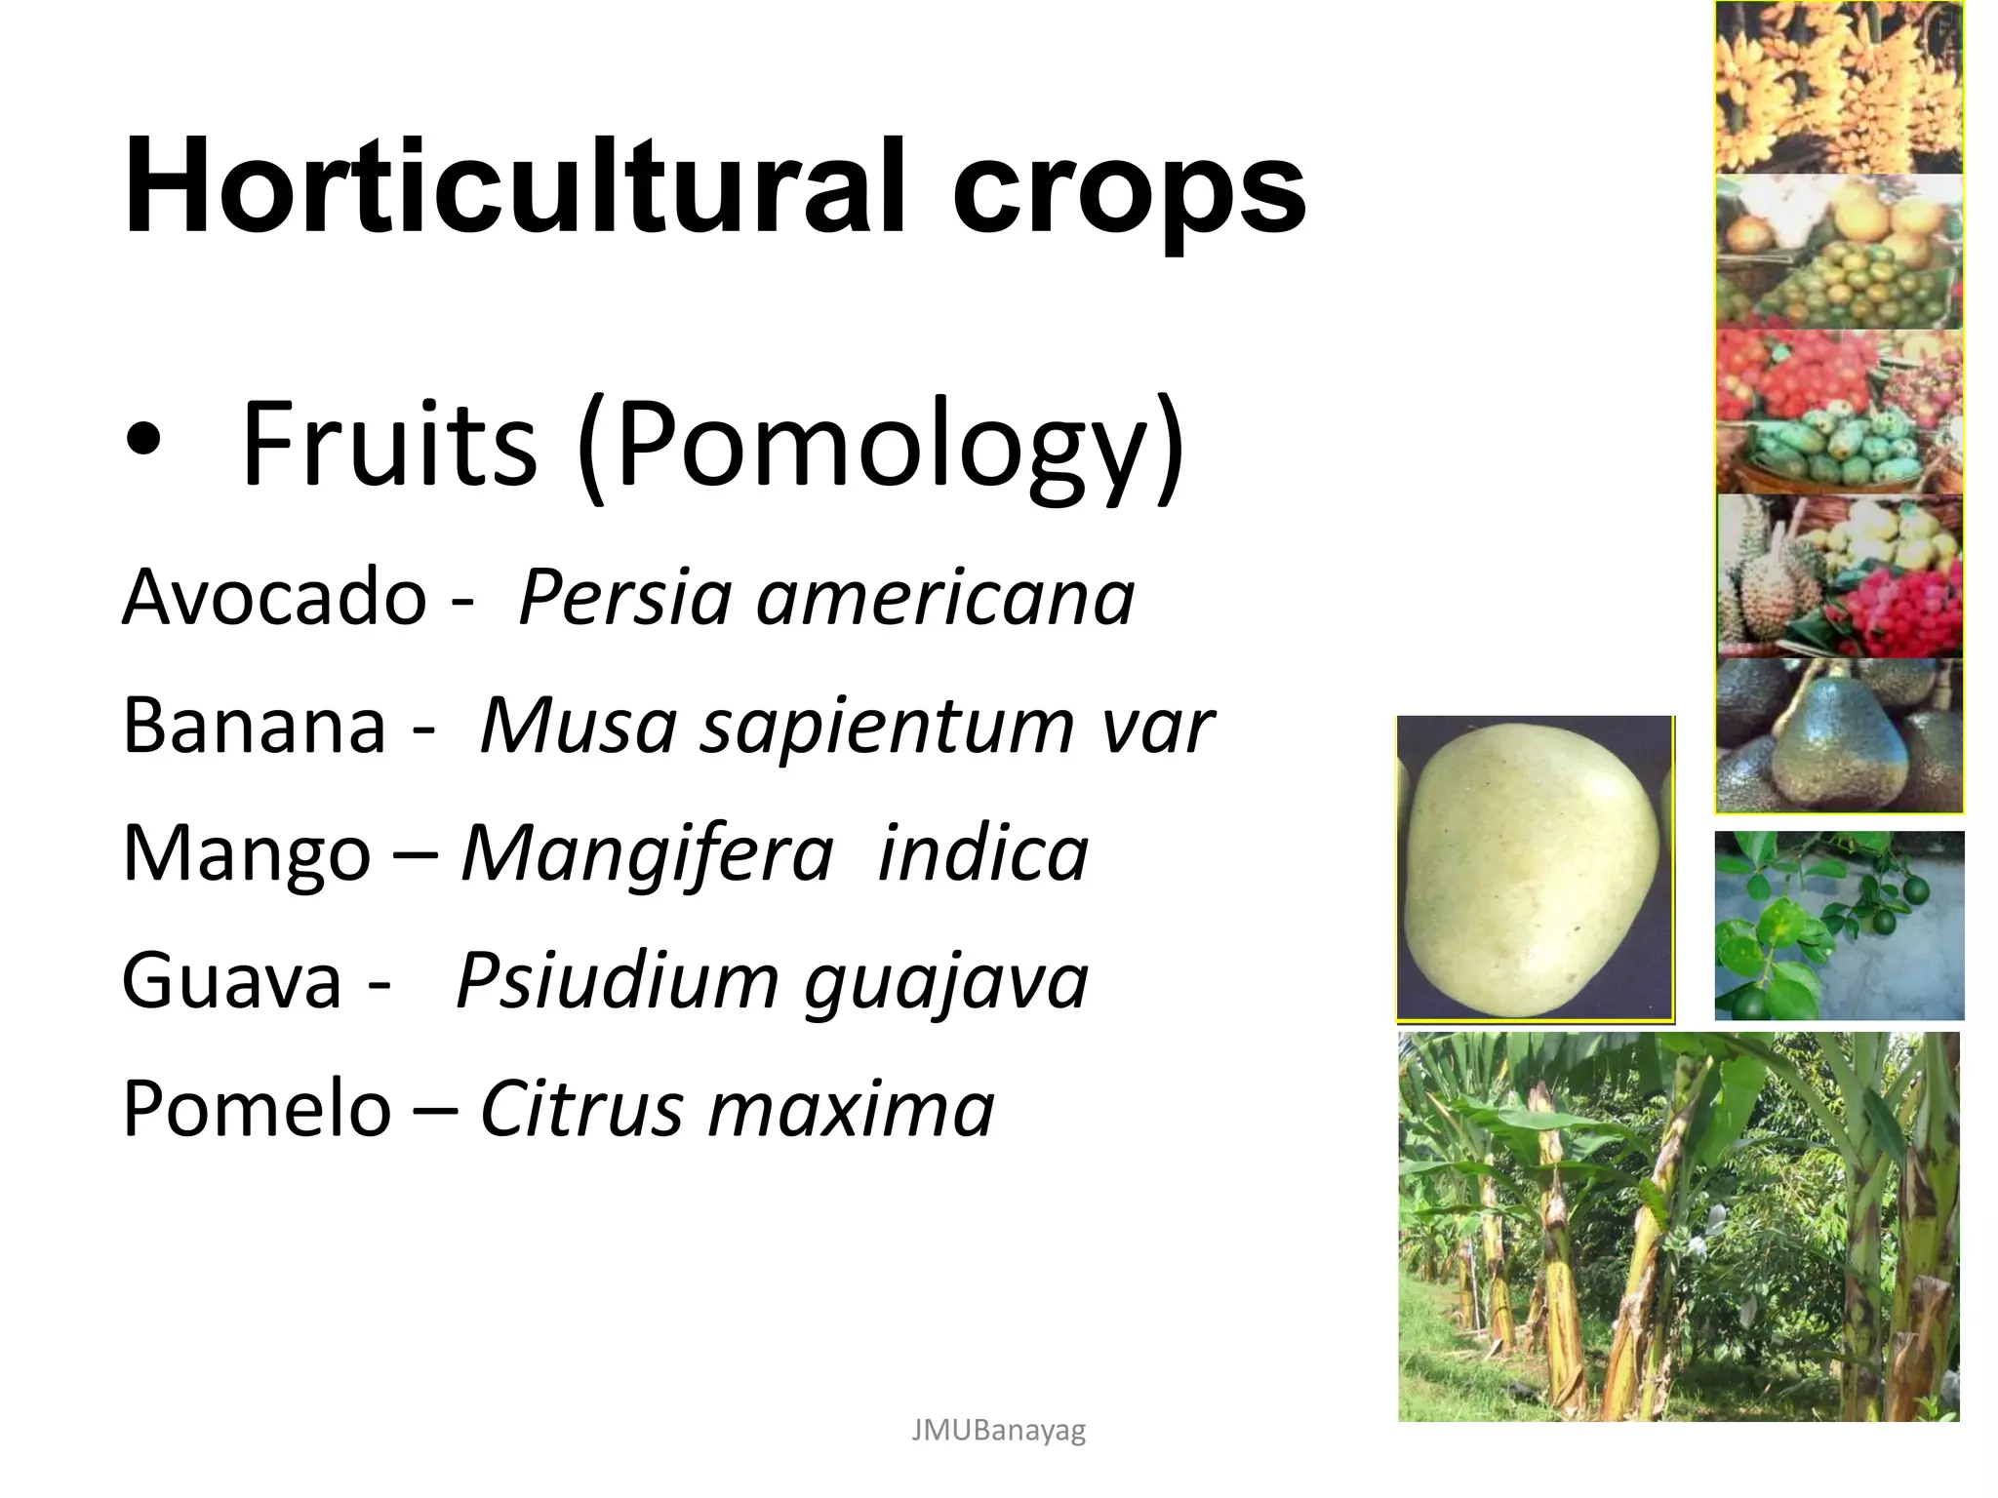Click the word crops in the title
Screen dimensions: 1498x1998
point(1129,187)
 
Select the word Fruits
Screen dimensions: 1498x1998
point(388,444)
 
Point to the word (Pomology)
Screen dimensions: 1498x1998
point(881,447)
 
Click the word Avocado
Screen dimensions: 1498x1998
point(274,597)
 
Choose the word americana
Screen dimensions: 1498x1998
point(945,597)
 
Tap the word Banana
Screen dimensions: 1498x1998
point(254,726)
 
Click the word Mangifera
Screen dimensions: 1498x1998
point(647,853)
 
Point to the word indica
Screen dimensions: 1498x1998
point(983,853)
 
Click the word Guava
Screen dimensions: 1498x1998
point(232,981)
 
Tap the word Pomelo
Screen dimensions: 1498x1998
point(257,1109)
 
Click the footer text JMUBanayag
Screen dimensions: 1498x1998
point(998,1431)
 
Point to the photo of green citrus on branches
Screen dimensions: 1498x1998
point(1839,925)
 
